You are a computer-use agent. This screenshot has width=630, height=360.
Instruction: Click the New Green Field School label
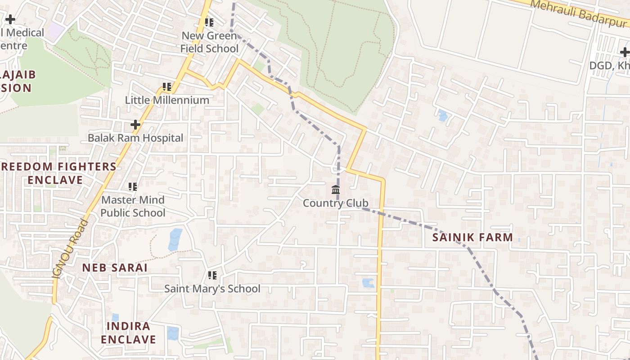coord(210,42)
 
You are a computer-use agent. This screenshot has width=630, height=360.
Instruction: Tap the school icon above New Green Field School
coord(209,22)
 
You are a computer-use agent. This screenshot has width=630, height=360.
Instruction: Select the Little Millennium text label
coord(167,100)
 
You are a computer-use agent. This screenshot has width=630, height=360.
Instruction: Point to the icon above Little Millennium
coord(167,86)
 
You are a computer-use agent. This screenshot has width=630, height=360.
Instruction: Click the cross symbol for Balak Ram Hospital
coord(135,124)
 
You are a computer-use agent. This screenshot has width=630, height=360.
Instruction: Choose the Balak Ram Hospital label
coord(135,138)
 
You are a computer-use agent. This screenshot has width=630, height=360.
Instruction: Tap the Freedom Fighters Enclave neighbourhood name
coord(58,173)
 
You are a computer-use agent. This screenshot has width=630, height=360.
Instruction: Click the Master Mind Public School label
coord(133,206)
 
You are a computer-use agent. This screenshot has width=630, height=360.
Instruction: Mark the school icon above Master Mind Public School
coord(133,186)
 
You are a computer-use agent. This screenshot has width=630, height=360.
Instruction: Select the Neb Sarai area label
coord(115,267)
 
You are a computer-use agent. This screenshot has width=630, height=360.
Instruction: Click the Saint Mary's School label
coord(212,288)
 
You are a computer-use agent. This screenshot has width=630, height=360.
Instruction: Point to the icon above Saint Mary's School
coord(212,275)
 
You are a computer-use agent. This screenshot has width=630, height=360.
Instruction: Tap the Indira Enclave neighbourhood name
coord(128,333)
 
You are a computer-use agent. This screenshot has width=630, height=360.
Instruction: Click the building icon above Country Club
coord(336,189)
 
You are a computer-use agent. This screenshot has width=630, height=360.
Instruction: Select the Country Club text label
coord(336,203)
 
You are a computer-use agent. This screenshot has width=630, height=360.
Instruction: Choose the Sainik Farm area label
coord(472,237)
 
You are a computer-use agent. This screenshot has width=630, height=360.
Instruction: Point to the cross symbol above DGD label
coord(625,52)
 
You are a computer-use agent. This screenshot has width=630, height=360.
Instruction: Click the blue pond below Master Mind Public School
coord(175,239)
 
